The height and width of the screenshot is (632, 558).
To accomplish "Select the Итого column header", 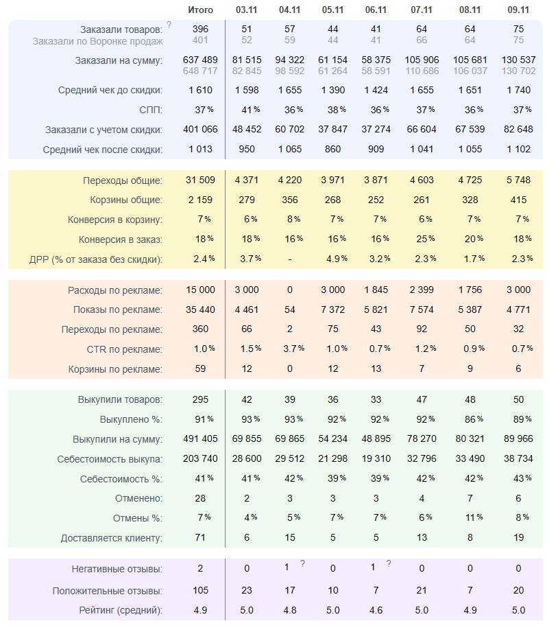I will pos(200,10).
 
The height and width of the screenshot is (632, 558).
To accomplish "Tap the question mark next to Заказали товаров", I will pos(169,25).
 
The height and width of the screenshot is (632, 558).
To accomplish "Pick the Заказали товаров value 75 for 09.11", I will pos(518,30).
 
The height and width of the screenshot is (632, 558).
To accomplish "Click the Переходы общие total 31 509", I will pos(200,180).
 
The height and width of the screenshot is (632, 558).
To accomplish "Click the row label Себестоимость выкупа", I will pos(110,458).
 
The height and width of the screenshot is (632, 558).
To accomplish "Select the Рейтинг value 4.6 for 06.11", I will pos(376,609).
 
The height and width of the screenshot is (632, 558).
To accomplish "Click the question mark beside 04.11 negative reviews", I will pos(302,564).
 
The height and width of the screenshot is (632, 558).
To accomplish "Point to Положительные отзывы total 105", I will pos(200,591).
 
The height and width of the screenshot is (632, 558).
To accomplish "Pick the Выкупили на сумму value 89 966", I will pos(518,439).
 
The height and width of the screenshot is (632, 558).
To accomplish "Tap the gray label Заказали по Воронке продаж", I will pos(97,41).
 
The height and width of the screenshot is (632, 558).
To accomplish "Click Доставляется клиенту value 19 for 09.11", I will pos(518,538).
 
